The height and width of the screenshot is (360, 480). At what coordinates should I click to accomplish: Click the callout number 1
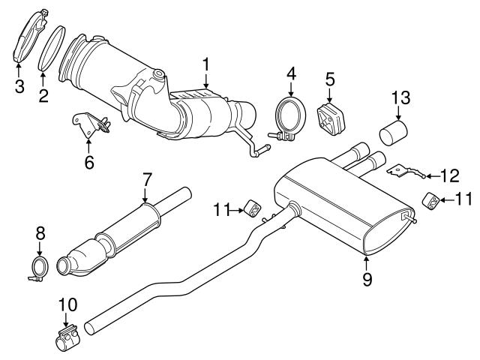tap(205, 65)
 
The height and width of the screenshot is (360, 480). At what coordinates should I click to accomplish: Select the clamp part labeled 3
tap(28, 37)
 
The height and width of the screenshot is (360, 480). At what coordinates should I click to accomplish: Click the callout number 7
tap(147, 180)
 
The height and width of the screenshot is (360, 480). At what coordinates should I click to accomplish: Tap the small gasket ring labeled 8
tap(40, 268)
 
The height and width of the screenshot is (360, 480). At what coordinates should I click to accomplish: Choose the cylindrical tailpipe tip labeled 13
tap(394, 136)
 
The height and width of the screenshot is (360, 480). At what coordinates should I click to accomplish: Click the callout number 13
tap(402, 97)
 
